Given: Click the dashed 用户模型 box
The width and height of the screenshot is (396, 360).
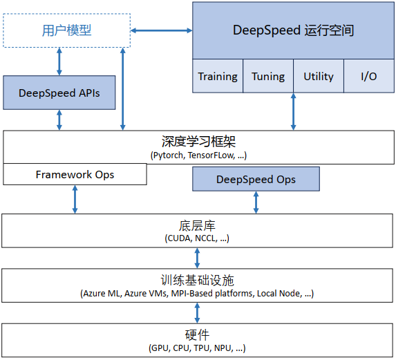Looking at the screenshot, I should click(67, 30).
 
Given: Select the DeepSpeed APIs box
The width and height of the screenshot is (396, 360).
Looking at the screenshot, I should click(59, 93).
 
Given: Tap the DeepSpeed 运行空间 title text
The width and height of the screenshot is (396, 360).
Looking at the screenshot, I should click(294, 30).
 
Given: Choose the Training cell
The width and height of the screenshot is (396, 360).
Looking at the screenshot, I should click(218, 76).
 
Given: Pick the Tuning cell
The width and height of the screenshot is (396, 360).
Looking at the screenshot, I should click(268, 76).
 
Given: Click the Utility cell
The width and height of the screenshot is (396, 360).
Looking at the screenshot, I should click(319, 76).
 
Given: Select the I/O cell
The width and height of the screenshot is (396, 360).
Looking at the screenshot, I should click(369, 76).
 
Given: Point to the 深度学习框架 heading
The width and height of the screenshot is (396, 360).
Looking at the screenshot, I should click(198, 142).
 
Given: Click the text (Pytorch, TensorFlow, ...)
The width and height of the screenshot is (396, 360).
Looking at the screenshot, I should click(198, 155).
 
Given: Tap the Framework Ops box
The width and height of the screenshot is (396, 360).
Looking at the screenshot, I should click(75, 175).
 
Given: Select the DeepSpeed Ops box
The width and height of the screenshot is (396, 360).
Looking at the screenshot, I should click(256, 179).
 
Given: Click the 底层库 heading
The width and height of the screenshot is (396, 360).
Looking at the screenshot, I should click(198, 225).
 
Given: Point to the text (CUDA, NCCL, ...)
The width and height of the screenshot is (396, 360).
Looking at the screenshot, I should click(198, 238).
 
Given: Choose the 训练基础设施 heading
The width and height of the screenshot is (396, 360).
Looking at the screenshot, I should click(198, 280).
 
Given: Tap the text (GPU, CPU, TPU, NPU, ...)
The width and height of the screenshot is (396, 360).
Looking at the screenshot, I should click(198, 348).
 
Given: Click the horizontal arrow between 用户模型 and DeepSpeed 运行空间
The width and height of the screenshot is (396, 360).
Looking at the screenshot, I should click(162, 30).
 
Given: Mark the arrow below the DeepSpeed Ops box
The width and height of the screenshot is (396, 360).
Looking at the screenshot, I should click(256, 202).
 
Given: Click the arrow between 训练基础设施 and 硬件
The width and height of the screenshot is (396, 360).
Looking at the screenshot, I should click(198, 312).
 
